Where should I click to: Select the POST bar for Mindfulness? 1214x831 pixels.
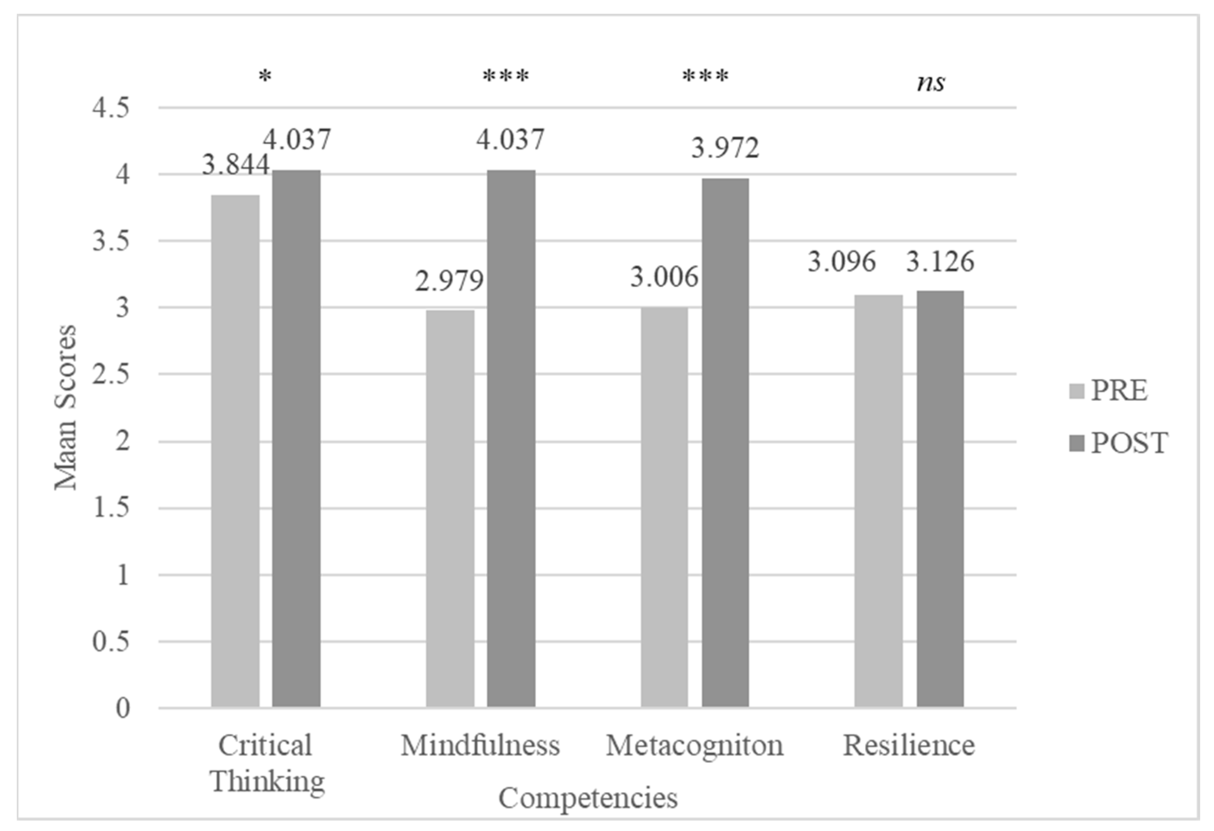(x=511, y=439)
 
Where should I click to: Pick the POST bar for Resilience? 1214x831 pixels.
(x=940, y=499)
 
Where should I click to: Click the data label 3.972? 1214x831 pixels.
(x=725, y=148)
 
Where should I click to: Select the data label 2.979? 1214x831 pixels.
(x=449, y=281)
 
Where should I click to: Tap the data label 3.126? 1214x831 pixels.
(x=940, y=261)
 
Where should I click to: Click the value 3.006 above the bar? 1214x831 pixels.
(x=664, y=277)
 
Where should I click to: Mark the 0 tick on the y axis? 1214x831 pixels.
(x=123, y=708)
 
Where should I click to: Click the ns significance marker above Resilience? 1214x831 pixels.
(x=930, y=83)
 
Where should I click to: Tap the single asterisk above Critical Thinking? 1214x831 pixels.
(x=265, y=77)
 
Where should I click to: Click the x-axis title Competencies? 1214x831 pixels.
(x=588, y=798)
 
